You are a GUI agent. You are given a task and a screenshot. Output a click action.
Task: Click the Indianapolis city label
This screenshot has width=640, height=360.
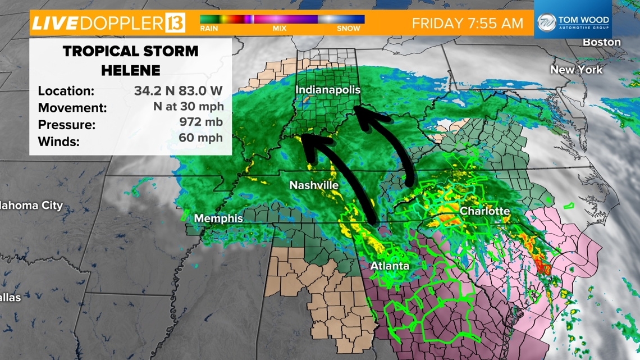(328, 90)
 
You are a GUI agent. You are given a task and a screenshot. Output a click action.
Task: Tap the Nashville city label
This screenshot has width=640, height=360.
(314, 185)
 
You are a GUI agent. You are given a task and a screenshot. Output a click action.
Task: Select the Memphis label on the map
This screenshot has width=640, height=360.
(218, 218)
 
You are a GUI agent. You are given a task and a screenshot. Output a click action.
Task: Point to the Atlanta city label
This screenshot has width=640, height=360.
(390, 266)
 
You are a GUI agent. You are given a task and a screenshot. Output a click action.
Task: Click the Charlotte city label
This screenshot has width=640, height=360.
(484, 211)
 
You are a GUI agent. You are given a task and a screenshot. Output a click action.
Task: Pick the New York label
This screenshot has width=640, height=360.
(576, 70)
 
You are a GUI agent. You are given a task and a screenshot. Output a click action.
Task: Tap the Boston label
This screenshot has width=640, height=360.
(601, 42)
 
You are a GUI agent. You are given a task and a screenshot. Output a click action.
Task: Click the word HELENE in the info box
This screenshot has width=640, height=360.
(131, 70)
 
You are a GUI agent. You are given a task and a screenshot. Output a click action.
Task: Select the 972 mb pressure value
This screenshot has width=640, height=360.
(201, 122)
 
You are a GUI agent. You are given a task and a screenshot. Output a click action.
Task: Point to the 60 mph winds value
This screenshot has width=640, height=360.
(201, 138)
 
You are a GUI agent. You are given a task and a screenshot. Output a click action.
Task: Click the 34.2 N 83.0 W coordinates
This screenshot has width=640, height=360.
(178, 90)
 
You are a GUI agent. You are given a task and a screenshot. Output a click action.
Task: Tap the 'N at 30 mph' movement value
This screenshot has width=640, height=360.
(188, 106)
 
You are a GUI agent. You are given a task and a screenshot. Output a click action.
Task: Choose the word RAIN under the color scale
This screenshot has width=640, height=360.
(209, 28)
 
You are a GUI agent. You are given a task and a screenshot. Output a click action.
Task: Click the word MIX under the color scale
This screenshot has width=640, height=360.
(279, 28)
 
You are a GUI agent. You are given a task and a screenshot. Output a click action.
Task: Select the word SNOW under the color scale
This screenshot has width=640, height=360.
(349, 28)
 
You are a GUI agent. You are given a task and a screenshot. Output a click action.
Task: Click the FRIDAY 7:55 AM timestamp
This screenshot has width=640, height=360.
(467, 23)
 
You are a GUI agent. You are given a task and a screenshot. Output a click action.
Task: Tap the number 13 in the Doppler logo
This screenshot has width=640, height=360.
(175, 23)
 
